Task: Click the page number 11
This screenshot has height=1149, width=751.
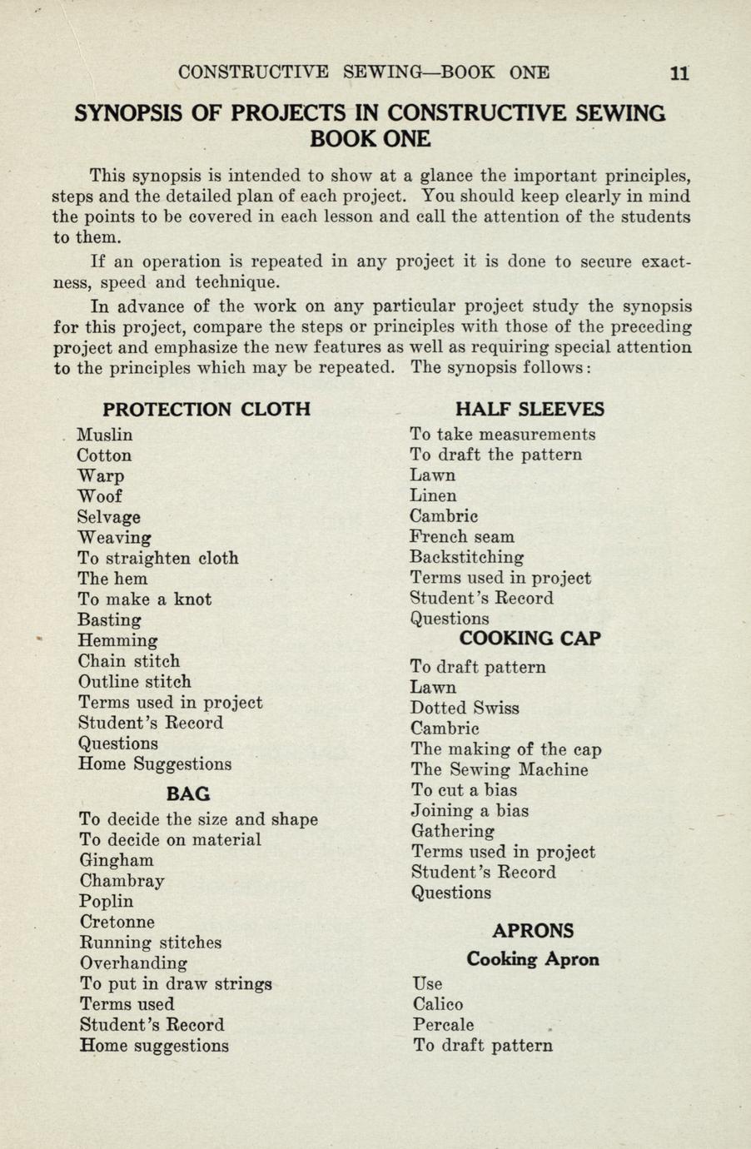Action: click(x=679, y=72)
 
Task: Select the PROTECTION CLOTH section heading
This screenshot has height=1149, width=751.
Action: click(x=206, y=409)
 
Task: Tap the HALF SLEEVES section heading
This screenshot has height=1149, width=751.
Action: click(x=530, y=409)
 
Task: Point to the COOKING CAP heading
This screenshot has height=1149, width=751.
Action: click(x=530, y=639)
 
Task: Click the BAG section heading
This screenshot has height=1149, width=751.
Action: click(x=188, y=793)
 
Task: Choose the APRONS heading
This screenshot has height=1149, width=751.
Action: click(x=533, y=931)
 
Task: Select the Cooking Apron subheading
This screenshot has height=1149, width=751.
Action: click(x=533, y=959)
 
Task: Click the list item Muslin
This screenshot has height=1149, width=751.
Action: click(x=105, y=435)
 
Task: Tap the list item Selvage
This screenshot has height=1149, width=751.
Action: click(x=109, y=517)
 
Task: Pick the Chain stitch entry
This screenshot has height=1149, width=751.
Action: click(x=129, y=661)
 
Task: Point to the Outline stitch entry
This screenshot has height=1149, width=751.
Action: click(x=135, y=682)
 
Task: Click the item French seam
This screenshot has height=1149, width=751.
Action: click(x=462, y=537)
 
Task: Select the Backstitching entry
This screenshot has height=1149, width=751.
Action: click(x=467, y=557)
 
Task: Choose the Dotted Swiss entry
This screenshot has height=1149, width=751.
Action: click(x=465, y=708)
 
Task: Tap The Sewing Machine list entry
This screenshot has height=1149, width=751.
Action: click(x=500, y=770)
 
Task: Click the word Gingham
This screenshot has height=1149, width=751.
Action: click(x=117, y=860)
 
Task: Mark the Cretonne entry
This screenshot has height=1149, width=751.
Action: click(x=117, y=922)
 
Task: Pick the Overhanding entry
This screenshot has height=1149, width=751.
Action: click(x=133, y=963)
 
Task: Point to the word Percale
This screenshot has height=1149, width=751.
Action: click(x=444, y=1025)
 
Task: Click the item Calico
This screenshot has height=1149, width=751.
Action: click(x=438, y=1004)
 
